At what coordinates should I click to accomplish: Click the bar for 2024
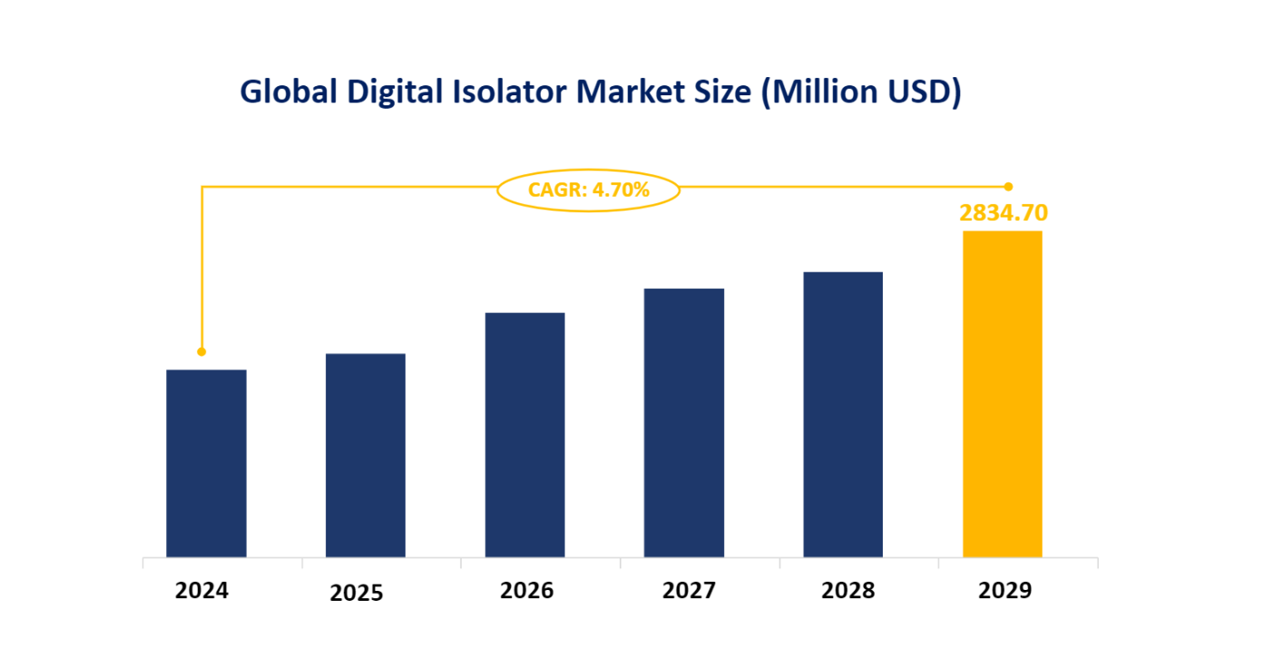(206, 463)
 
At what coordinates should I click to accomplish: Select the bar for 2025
(365, 455)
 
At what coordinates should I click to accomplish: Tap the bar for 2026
(524, 435)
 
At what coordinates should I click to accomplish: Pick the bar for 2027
(684, 422)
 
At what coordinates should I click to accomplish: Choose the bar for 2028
(843, 414)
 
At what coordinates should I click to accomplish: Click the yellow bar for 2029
(1002, 394)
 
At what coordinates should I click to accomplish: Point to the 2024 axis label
(202, 591)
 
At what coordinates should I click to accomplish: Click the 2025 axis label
(357, 594)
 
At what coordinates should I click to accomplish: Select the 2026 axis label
(526, 591)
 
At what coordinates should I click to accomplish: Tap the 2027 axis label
(689, 591)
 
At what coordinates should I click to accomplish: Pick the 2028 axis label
(848, 591)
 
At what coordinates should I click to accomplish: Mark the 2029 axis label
(1005, 591)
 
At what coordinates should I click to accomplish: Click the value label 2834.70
(1003, 213)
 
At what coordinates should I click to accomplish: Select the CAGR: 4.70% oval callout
(589, 190)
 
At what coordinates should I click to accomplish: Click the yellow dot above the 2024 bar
(201, 351)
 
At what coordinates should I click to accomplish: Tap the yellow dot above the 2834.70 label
(1008, 186)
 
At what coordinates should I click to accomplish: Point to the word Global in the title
(284, 92)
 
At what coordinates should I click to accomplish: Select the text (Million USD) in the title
(861, 92)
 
